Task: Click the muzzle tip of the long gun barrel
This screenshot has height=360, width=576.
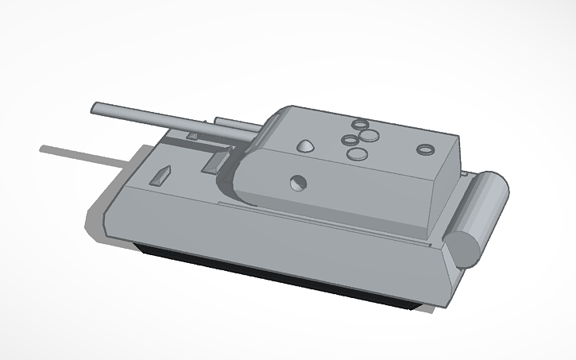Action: (x=95, y=107)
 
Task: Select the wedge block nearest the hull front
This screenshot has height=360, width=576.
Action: (x=161, y=176)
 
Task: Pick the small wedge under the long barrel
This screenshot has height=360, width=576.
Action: (x=192, y=136)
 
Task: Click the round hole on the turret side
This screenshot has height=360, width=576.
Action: (x=298, y=182)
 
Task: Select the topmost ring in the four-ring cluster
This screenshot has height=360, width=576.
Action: (x=361, y=125)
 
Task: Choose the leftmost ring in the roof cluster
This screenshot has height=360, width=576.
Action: (x=350, y=141)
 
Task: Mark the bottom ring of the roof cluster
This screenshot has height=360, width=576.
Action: (x=359, y=153)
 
